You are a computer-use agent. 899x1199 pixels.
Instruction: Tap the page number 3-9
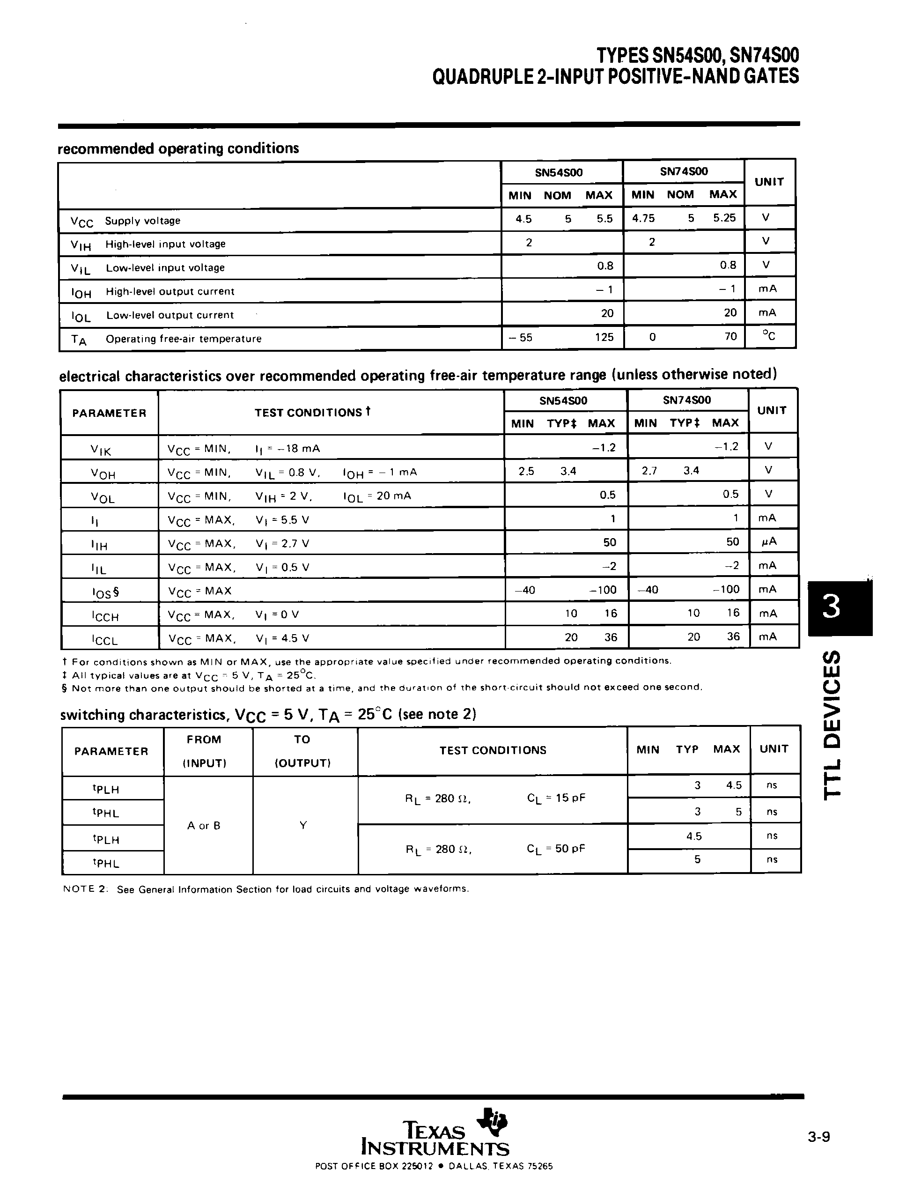(x=818, y=1137)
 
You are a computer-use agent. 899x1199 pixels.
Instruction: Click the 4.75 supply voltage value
(x=643, y=218)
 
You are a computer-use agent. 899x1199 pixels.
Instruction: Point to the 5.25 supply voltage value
(x=724, y=218)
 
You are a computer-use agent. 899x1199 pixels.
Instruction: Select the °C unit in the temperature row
(x=768, y=336)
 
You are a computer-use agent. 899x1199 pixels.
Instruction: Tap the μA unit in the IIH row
(x=768, y=541)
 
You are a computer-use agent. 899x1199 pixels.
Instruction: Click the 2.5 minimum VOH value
(x=526, y=471)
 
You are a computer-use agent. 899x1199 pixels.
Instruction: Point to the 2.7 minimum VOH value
(x=649, y=471)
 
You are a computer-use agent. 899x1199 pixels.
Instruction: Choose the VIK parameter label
(x=101, y=449)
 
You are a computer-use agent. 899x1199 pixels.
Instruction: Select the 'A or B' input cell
(x=204, y=826)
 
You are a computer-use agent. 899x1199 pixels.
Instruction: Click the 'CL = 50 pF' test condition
(x=555, y=849)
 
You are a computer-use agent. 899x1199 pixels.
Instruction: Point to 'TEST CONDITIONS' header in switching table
(x=493, y=750)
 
